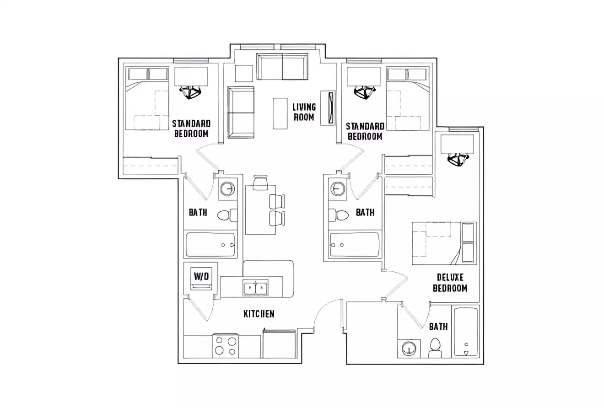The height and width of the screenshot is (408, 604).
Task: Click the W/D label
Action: pyautogui.click(x=201, y=276)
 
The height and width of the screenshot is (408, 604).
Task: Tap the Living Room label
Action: pyautogui.click(x=304, y=112)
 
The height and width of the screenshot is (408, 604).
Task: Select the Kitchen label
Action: pyautogui.click(x=259, y=314)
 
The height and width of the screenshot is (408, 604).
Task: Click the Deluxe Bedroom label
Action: pyautogui.click(x=450, y=283)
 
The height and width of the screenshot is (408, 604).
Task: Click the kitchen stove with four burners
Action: pyautogui.click(x=225, y=346)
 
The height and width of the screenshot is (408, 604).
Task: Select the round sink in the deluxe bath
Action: pyautogui.click(x=409, y=349)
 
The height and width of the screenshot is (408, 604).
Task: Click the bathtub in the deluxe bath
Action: pyautogui.click(x=466, y=332)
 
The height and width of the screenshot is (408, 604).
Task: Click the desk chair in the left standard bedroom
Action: pyautogui.click(x=190, y=92)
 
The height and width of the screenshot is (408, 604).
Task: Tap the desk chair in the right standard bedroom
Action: pyautogui.click(x=364, y=92)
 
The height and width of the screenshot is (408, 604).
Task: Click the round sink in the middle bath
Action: pyautogui.click(x=339, y=188)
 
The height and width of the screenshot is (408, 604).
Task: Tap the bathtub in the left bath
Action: pyautogui.click(x=210, y=245)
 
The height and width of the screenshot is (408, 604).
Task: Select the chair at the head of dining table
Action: pyautogui.click(x=260, y=183)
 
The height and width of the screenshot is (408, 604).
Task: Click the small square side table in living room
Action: pyautogui.click(x=244, y=73)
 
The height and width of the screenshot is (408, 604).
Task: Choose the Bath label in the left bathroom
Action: pyautogui.click(x=198, y=212)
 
